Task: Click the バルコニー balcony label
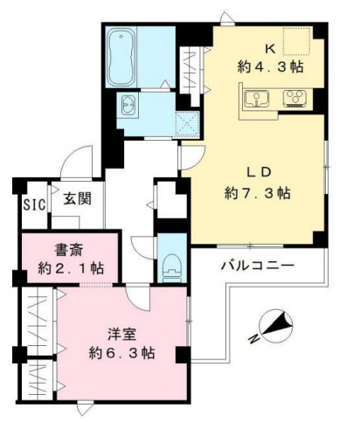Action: (256, 264)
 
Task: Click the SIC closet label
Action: (34, 204)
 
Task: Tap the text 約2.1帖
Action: (66, 266)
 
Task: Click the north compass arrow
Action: (278, 326)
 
